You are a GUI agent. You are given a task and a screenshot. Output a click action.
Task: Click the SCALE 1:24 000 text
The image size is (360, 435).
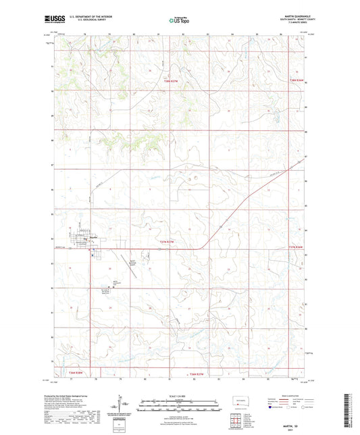point(180,396)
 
